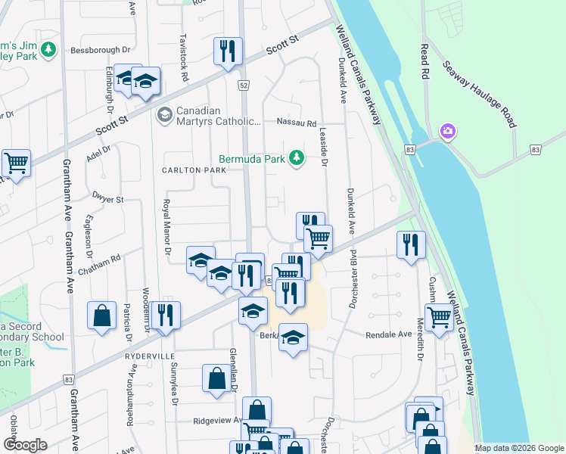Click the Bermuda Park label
254,159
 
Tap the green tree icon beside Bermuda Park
298,158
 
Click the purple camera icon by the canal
448,132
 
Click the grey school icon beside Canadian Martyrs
163,115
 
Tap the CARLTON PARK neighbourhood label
194,171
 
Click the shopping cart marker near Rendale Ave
439,318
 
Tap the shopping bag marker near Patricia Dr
101,316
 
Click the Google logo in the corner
26,445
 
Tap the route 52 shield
243,86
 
